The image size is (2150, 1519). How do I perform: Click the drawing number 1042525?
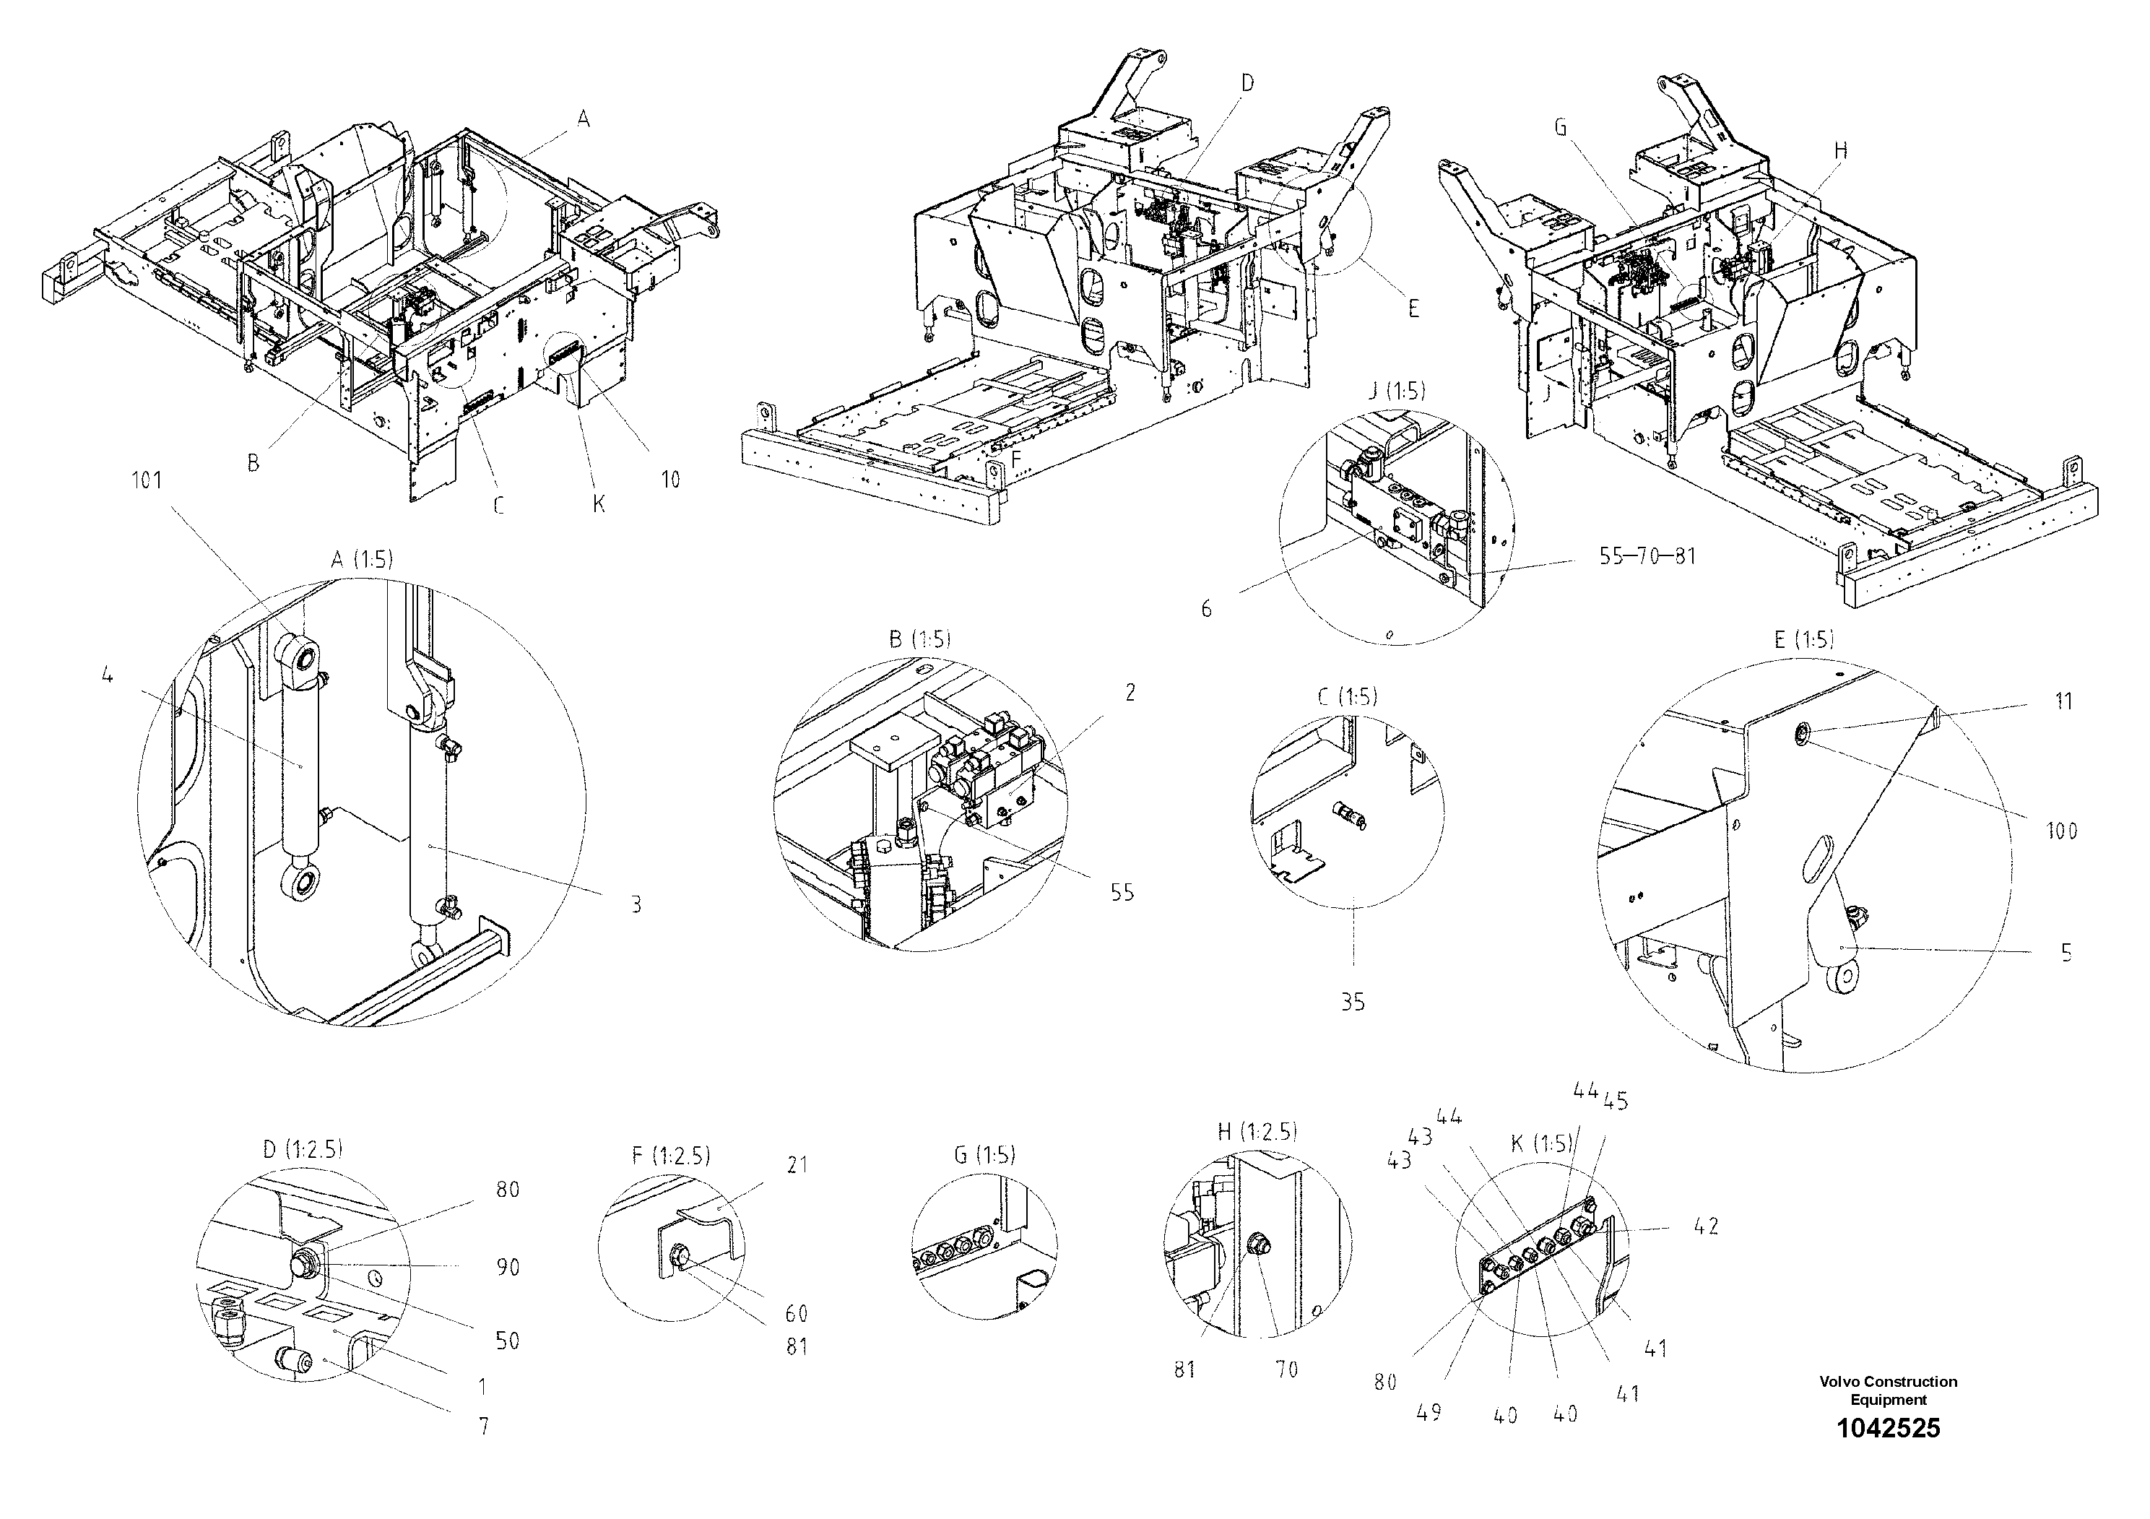1888,1427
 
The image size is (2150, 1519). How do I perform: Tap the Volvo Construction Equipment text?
1888,1390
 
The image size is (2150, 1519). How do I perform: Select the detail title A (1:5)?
363,560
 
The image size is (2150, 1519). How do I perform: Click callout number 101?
146,480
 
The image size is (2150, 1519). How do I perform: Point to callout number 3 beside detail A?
636,904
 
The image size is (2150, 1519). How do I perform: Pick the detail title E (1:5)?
1803,640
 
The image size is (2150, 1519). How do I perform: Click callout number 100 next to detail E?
2061,831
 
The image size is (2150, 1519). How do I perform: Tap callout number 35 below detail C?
1352,1002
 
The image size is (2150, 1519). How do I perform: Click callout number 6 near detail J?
1206,609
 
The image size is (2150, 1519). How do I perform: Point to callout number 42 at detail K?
1706,1226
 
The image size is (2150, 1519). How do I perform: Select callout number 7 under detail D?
483,1427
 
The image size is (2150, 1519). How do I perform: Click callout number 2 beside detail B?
1130,692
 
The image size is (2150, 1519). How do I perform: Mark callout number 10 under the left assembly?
669,480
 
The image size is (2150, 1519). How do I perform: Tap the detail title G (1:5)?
984,1155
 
